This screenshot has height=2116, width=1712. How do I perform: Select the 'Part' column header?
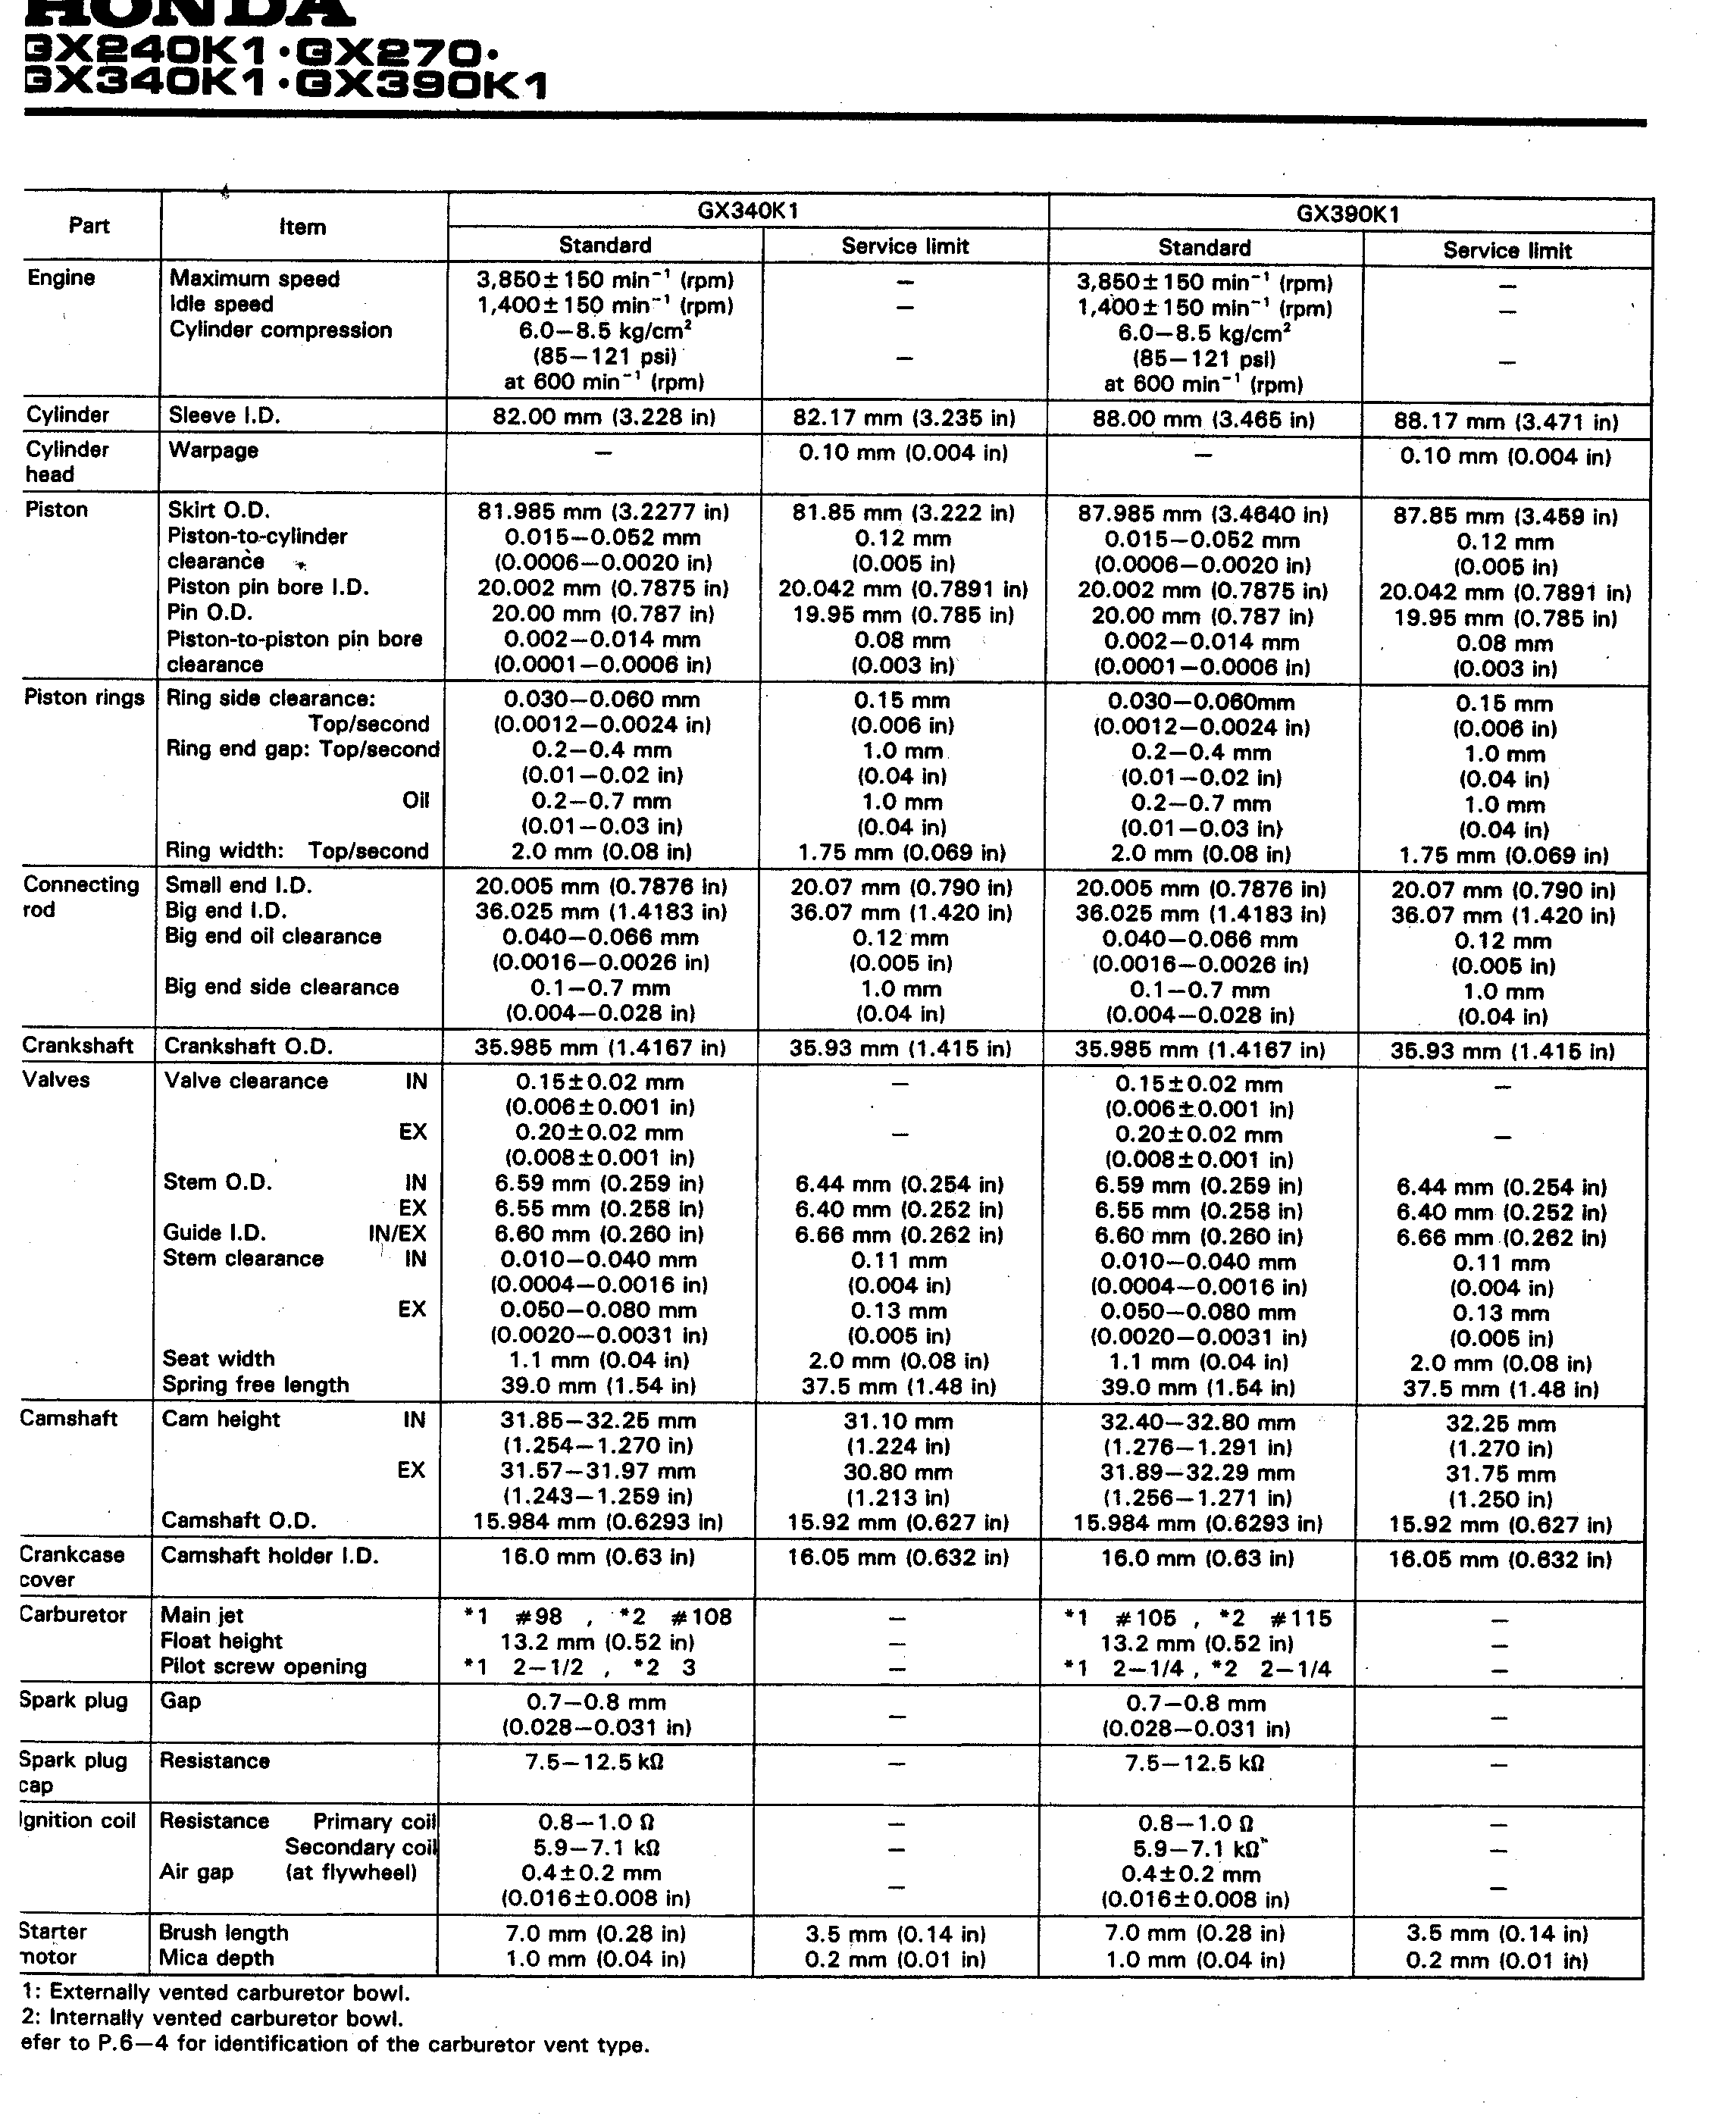pos(89,226)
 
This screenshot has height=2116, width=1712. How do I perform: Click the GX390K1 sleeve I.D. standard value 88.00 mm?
pos(1203,420)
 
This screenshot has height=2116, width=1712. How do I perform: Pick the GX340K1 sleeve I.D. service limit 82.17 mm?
pos(903,418)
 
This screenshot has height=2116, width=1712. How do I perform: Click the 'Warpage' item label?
pos(213,451)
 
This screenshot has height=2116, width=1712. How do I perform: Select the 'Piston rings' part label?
pos(84,698)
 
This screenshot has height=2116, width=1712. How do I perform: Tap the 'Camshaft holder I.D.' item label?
pos(269,1556)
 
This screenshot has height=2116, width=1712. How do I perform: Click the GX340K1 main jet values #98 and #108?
pos(599,1617)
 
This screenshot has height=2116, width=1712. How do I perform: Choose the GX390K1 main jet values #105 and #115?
pos(1198,1619)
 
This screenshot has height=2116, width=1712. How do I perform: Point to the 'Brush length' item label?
pos(224,1933)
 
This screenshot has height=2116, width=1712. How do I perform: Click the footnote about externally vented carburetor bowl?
pos(215,1992)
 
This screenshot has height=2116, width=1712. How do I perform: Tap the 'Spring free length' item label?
pos(255,1385)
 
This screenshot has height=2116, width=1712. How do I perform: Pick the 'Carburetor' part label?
pos(73,1615)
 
